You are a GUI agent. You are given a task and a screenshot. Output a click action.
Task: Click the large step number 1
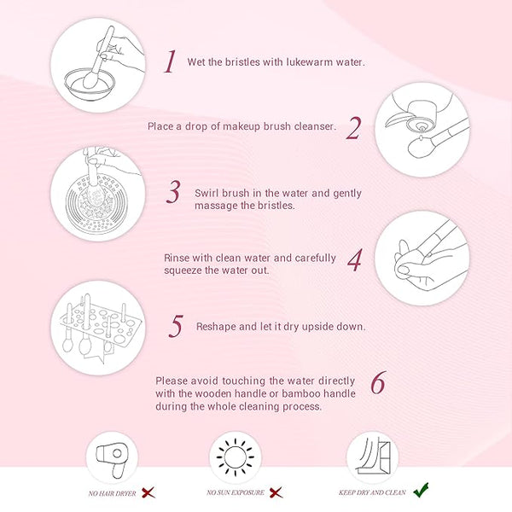pos(170,61)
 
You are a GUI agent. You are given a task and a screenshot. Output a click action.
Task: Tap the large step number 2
pos(353,128)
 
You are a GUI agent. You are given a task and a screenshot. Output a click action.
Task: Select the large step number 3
pos(173,192)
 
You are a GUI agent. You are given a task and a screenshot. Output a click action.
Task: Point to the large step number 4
pos(355,259)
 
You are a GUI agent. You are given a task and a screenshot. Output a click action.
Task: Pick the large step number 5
pos(176,326)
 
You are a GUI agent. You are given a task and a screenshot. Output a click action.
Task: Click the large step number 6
pos(378,382)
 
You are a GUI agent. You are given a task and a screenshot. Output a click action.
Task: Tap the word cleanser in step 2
pos(315,126)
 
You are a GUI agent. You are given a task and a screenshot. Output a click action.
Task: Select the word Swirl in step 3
pos(207,193)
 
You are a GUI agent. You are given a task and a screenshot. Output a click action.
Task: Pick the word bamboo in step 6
pos(300,393)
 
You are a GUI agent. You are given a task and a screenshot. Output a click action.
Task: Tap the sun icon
pos(236,457)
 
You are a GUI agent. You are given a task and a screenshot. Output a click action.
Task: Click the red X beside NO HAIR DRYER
pos(148,492)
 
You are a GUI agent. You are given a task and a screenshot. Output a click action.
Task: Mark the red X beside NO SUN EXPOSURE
pos(276,492)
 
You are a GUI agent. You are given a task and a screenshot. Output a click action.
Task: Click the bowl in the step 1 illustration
pos(90,84)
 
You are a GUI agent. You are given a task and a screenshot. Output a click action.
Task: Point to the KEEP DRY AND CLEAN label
pos(372,492)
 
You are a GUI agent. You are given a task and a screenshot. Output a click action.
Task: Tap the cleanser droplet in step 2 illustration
pos(422,137)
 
